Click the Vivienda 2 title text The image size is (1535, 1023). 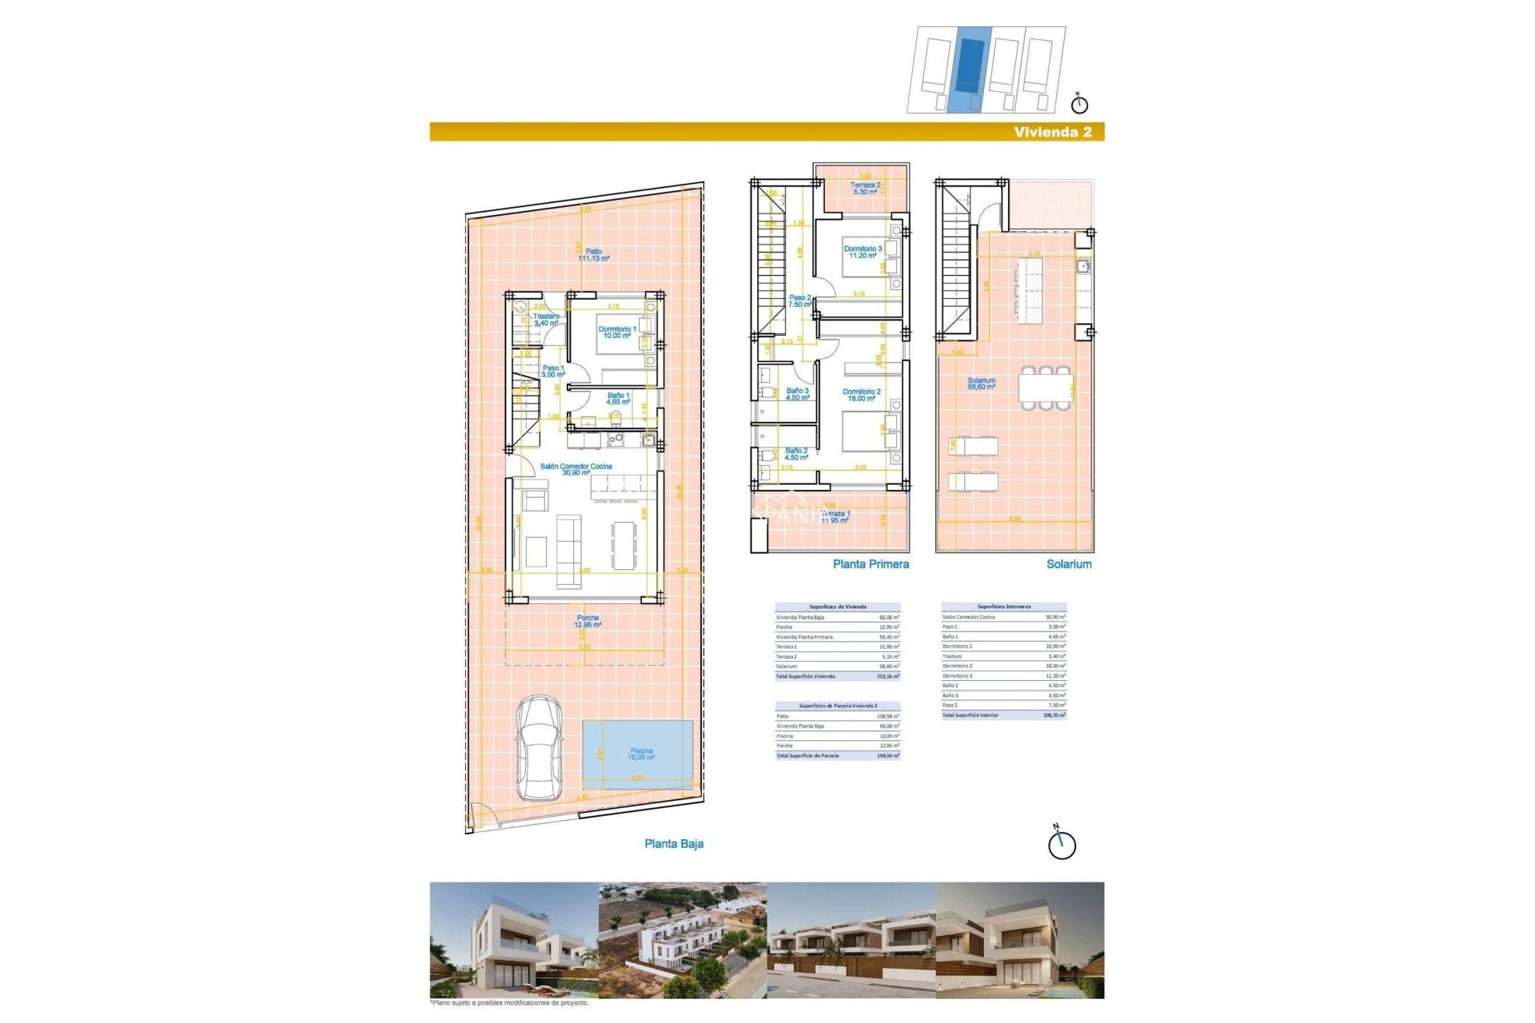[1052, 132]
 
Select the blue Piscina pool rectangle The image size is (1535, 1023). [637, 754]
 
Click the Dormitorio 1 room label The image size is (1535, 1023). [617, 332]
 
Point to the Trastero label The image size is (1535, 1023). [547, 320]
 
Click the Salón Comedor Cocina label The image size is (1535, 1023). [576, 469]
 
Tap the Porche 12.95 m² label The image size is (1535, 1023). [588, 621]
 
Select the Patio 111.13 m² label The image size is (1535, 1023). [593, 255]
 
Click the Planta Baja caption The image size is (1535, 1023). [674, 844]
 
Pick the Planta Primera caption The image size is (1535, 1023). [871, 564]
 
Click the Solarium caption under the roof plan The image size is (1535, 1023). [1068, 564]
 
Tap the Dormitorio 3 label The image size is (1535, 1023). [863, 252]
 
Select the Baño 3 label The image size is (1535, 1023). [797, 394]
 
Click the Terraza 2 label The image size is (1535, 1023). [865, 188]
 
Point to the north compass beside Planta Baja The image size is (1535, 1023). [1062, 843]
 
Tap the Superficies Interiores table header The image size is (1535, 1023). [1003, 607]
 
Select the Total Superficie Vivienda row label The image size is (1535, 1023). [806, 676]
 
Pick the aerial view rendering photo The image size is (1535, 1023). [682, 940]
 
